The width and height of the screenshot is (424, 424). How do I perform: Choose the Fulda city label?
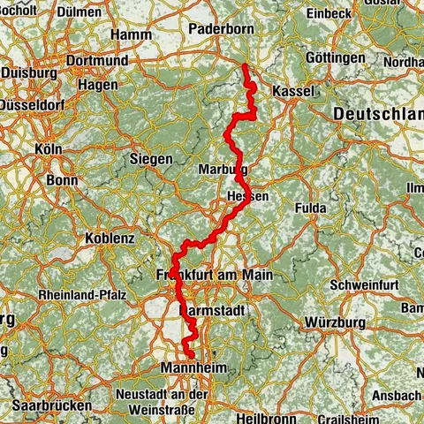311,208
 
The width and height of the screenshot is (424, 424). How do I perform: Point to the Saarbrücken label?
52,404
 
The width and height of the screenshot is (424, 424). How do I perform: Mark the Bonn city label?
62,179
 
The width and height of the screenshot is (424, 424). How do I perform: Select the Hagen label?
98,85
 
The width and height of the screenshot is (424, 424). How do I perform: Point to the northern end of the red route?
243,65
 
